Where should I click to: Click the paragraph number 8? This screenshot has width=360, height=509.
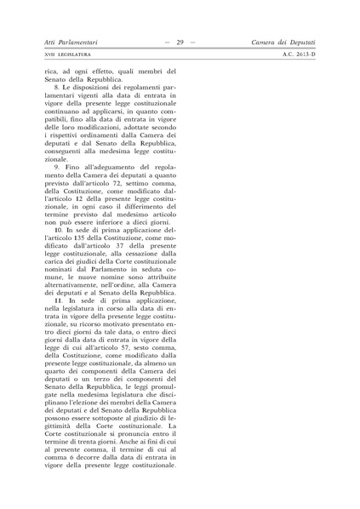click(57, 88)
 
